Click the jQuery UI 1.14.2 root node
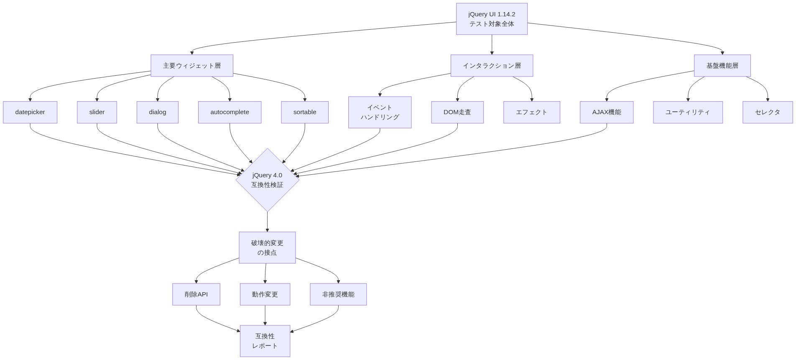[x=491, y=19]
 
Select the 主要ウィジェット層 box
[x=191, y=66]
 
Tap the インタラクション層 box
[x=491, y=66]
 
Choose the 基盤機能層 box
[x=722, y=66]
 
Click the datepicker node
[x=30, y=112]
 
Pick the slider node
[x=97, y=112]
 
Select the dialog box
[x=157, y=112]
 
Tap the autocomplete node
[x=230, y=112]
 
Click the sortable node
[x=304, y=112]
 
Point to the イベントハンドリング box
[x=380, y=112]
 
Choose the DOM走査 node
[x=457, y=112]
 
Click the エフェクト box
[x=531, y=112]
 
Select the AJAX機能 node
[x=606, y=112]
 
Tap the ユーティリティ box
[x=688, y=112]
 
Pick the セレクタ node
[x=767, y=112]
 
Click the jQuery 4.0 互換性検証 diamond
[x=267, y=180]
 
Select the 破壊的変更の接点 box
[x=267, y=248]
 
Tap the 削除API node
[x=196, y=294]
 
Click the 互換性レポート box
[x=265, y=341]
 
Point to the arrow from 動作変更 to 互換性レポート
[x=265, y=315]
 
